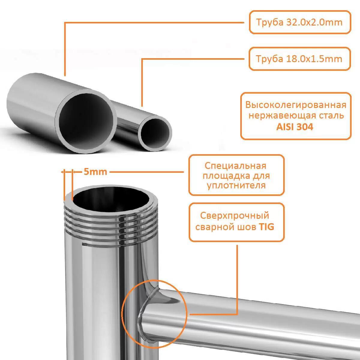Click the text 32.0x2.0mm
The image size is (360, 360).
314,22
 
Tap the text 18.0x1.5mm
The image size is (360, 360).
314,59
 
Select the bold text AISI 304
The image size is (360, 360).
295,127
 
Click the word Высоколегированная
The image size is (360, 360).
296,105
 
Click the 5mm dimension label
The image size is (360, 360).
95,172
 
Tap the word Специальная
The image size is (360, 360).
235,166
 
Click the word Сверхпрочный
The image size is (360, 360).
235,216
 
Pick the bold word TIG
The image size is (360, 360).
266,227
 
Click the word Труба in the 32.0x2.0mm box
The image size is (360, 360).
270,22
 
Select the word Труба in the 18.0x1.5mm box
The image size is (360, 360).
270,59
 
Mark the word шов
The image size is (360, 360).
246,227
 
